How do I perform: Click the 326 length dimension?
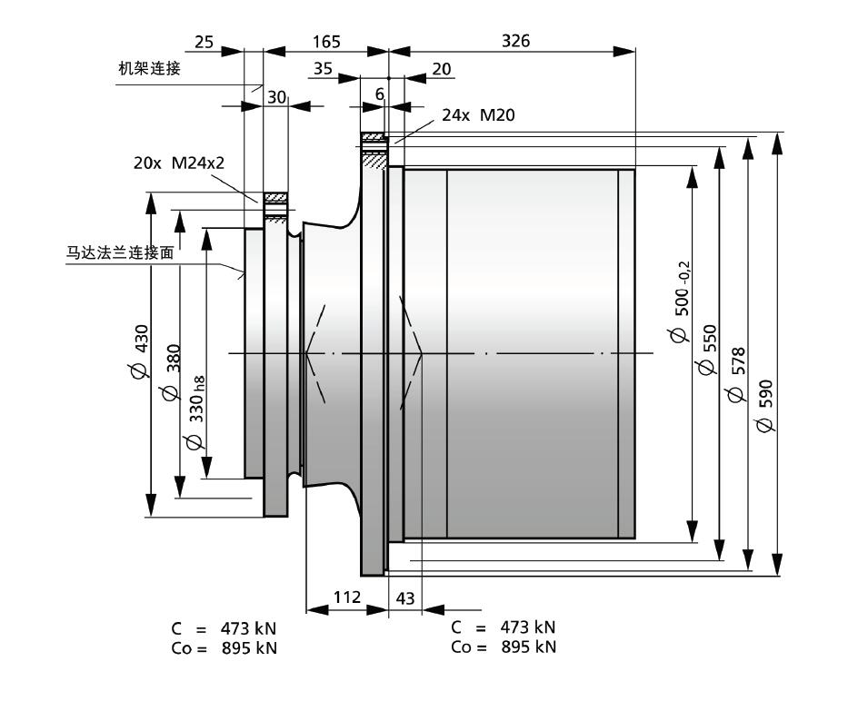click(x=516, y=41)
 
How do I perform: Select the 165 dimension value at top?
click(x=326, y=42)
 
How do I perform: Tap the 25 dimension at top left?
click(x=204, y=42)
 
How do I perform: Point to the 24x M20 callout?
click(x=478, y=114)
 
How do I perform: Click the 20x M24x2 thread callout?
click(x=179, y=163)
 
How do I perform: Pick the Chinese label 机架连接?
click(x=149, y=68)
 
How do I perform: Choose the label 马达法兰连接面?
click(x=120, y=252)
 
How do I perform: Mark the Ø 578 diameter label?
click(x=735, y=374)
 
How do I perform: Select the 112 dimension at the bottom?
click(x=347, y=597)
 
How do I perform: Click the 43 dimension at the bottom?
click(x=405, y=598)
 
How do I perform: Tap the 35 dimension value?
click(x=323, y=68)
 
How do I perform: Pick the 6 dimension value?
click(x=380, y=94)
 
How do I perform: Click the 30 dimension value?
click(x=276, y=97)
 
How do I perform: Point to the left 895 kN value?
click(x=250, y=648)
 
